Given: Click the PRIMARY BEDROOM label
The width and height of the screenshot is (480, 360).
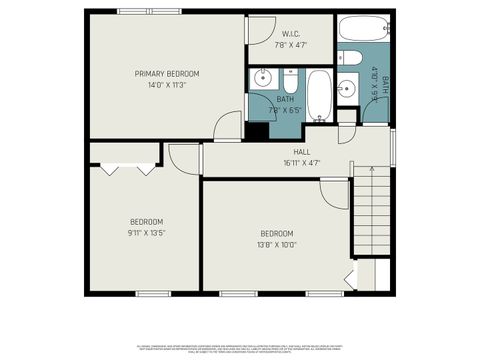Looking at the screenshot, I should click(168, 74).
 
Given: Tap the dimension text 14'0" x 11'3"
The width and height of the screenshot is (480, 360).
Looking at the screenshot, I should click(168, 85).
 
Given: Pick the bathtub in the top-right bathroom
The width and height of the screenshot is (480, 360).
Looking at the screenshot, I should click(360, 30).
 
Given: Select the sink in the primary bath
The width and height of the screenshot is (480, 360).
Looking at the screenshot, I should click(265, 77).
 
